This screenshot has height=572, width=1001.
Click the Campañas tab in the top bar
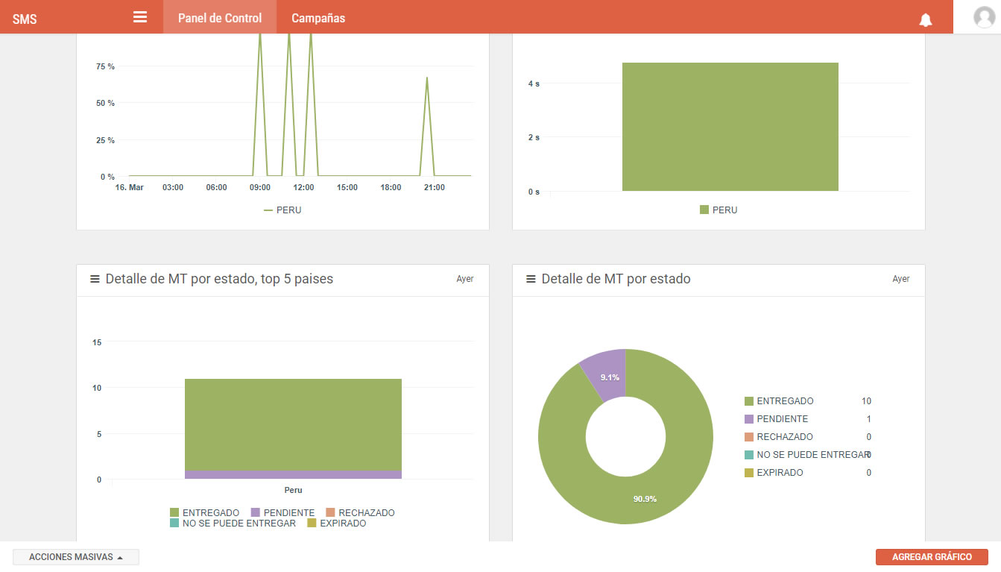(x=318, y=18)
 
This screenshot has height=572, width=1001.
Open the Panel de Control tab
(x=220, y=18)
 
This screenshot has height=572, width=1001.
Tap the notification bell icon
(x=926, y=19)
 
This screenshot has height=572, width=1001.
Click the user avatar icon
(x=984, y=17)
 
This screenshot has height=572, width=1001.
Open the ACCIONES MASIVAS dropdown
(x=76, y=557)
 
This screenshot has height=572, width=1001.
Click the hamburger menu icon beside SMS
(x=140, y=17)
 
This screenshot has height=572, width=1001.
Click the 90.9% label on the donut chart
(x=645, y=499)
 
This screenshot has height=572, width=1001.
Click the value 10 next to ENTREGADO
(x=866, y=400)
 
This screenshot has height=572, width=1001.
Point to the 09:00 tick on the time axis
(x=259, y=187)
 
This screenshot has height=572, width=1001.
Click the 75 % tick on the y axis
(x=105, y=66)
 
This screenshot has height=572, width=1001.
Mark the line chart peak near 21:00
(x=427, y=78)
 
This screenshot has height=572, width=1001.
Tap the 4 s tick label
(x=534, y=84)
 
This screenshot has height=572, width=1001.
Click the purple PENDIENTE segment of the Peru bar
(x=293, y=474)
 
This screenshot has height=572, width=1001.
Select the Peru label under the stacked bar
(x=293, y=490)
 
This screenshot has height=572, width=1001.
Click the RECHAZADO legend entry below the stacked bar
(x=360, y=512)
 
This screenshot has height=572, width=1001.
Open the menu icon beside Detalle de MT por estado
(x=531, y=279)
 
